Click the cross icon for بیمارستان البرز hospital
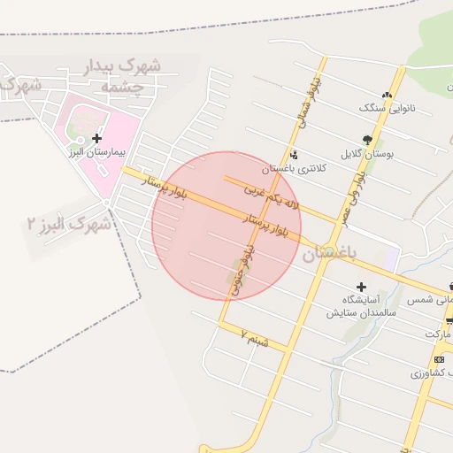[96, 138]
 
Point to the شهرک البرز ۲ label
[69, 224]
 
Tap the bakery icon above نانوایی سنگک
[386, 95]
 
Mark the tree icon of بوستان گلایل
[367, 140]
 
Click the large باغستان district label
[329, 253]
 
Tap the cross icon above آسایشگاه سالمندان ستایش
[361, 287]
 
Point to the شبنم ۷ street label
[253, 335]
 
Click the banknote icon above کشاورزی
[440, 359]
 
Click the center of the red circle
[226, 226]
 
